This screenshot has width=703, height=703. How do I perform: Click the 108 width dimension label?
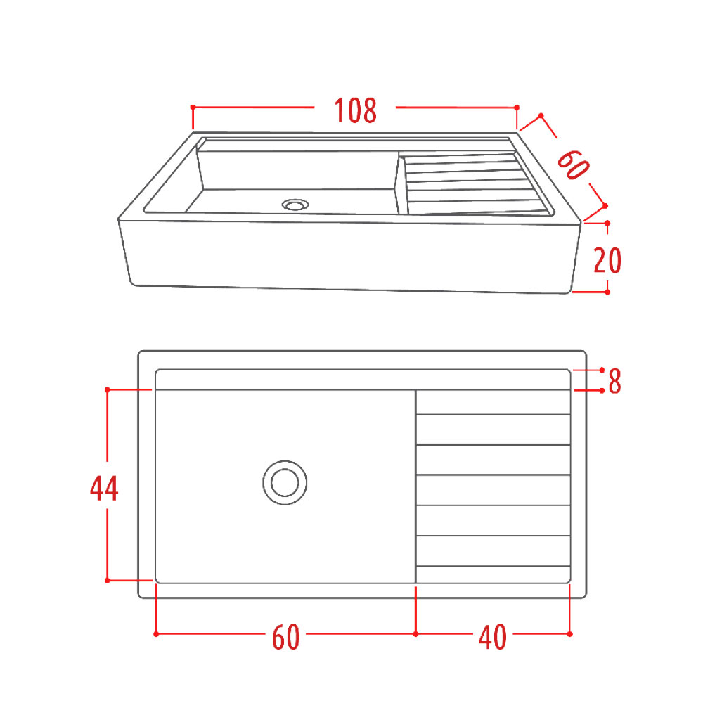click(x=355, y=110)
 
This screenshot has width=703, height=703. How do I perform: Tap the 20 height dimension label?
click(x=607, y=260)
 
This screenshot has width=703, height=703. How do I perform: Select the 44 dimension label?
click(x=104, y=489)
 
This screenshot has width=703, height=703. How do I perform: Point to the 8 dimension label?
click(x=614, y=381)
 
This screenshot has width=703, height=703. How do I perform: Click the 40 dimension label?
click(x=493, y=638)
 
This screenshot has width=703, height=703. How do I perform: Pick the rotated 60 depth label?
click(x=573, y=165)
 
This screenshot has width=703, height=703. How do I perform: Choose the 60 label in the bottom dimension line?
click(x=285, y=638)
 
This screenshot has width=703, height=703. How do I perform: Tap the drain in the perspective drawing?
click(x=295, y=205)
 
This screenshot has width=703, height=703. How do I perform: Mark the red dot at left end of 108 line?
click(x=193, y=107)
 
